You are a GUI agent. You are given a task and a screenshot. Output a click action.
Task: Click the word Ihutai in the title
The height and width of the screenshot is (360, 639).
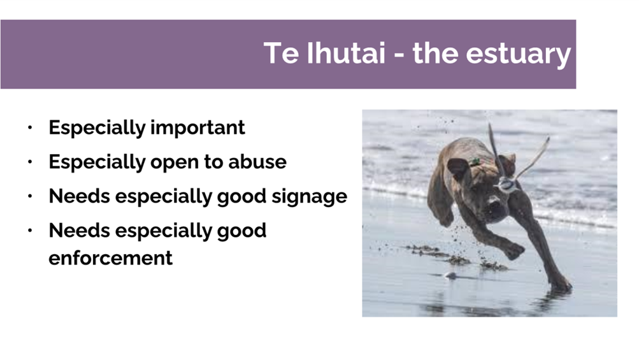coord(345,53)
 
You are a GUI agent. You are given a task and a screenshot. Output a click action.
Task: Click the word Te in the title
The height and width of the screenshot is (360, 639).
coord(281,53)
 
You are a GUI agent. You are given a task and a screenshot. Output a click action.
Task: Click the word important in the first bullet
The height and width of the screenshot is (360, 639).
coord(197,128)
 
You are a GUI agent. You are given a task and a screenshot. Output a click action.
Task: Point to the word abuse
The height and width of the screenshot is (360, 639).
coord(257,162)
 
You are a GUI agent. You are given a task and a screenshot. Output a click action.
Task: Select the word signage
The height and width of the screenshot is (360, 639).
coord(310,198)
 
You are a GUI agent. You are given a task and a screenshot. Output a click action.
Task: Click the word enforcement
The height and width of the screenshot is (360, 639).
coord(110,257)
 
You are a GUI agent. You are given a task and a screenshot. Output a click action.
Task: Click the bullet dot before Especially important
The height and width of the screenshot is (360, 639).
coord(30,127)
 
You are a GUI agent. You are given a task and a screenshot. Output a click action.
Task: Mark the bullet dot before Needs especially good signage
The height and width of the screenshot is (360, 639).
coord(30,196)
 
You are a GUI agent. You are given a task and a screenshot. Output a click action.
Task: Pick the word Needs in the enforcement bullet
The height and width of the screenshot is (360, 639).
coord(80,231)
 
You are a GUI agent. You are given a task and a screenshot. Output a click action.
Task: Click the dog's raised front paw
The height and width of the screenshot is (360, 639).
coord(514,250)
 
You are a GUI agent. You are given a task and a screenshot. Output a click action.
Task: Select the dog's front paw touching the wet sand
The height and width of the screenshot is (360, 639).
coord(561,285)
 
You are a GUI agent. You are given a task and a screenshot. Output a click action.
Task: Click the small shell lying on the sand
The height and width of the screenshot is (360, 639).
coord(450,275)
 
